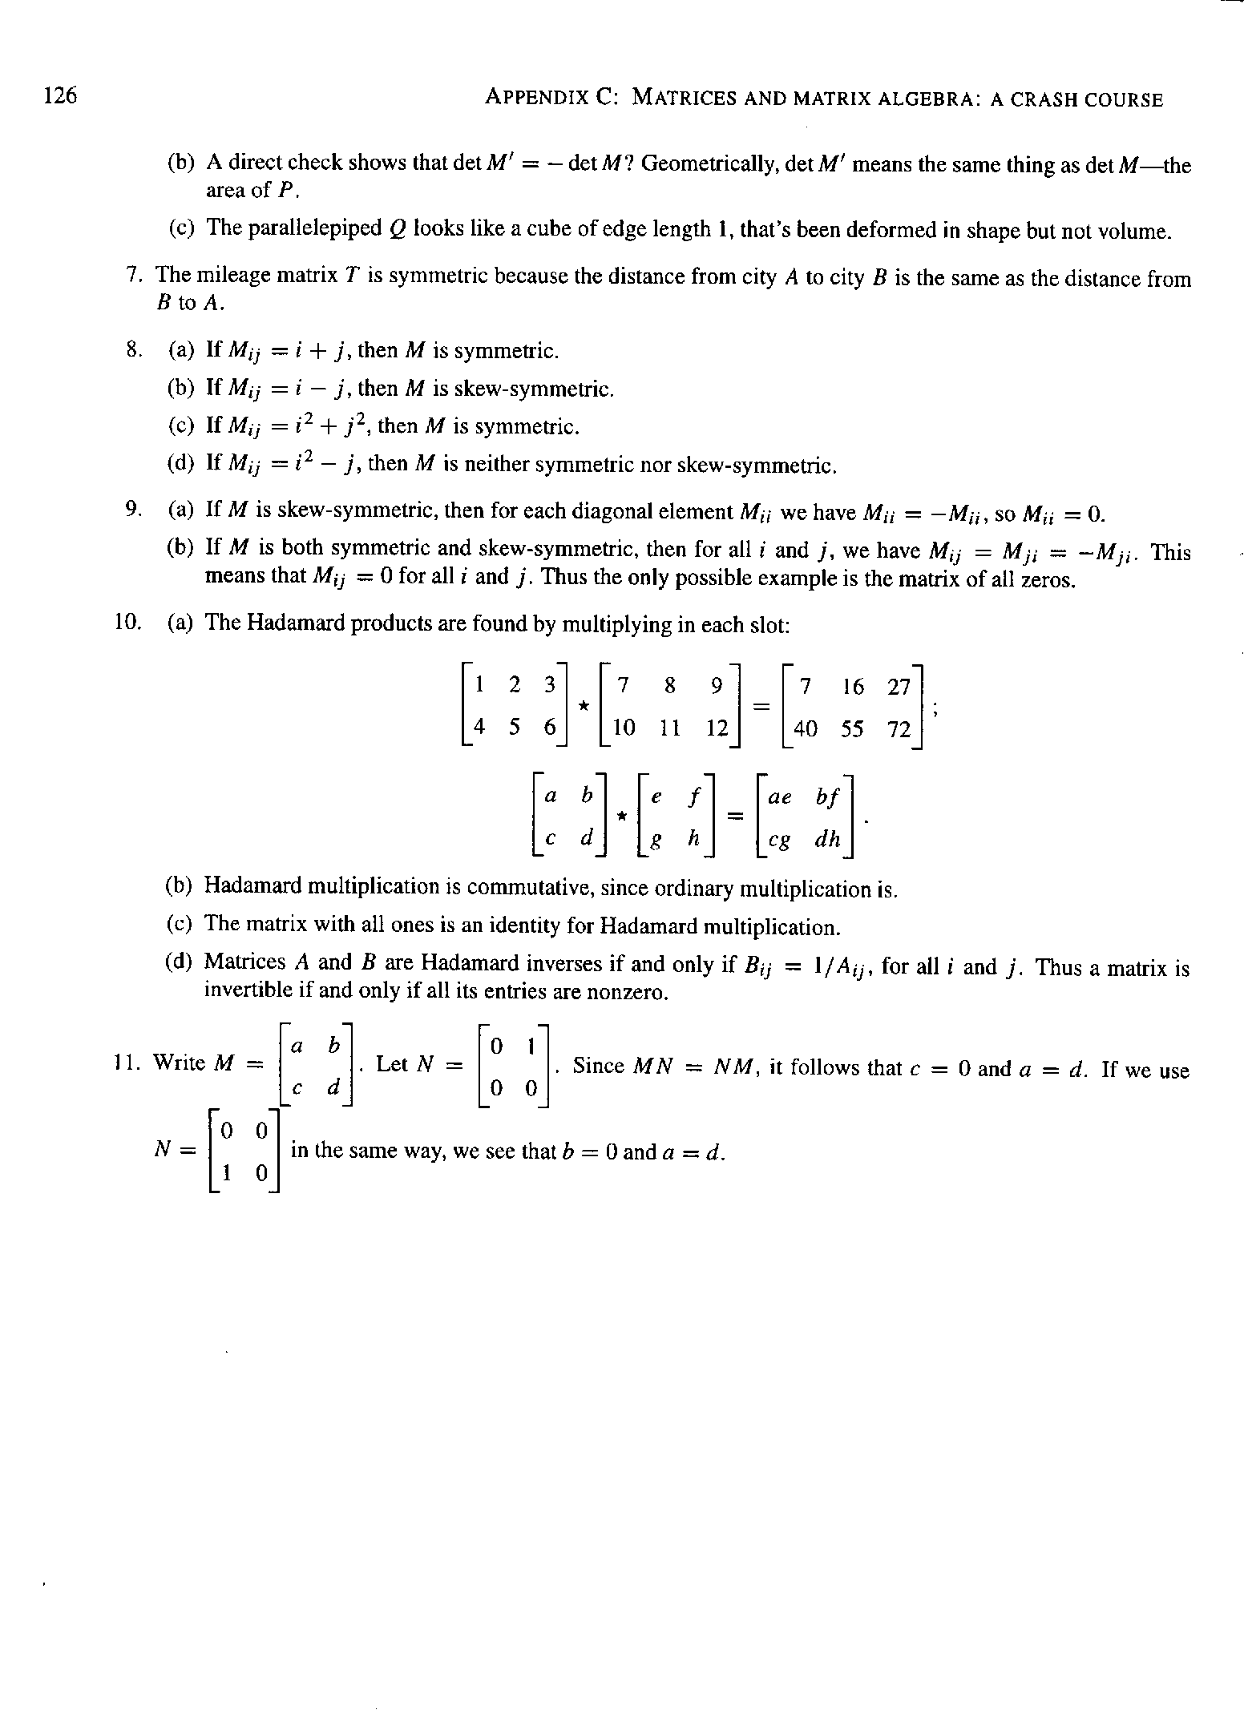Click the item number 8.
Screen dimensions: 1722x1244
(134, 349)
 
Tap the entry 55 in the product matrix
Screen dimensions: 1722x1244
(852, 728)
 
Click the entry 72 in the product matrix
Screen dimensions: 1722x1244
(899, 729)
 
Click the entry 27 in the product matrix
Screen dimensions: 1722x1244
(899, 687)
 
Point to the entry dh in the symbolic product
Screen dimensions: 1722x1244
(827, 839)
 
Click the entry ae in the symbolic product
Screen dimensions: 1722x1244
(780, 797)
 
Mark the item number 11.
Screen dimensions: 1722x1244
(123, 1063)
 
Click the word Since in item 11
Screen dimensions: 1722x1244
(597, 1066)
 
